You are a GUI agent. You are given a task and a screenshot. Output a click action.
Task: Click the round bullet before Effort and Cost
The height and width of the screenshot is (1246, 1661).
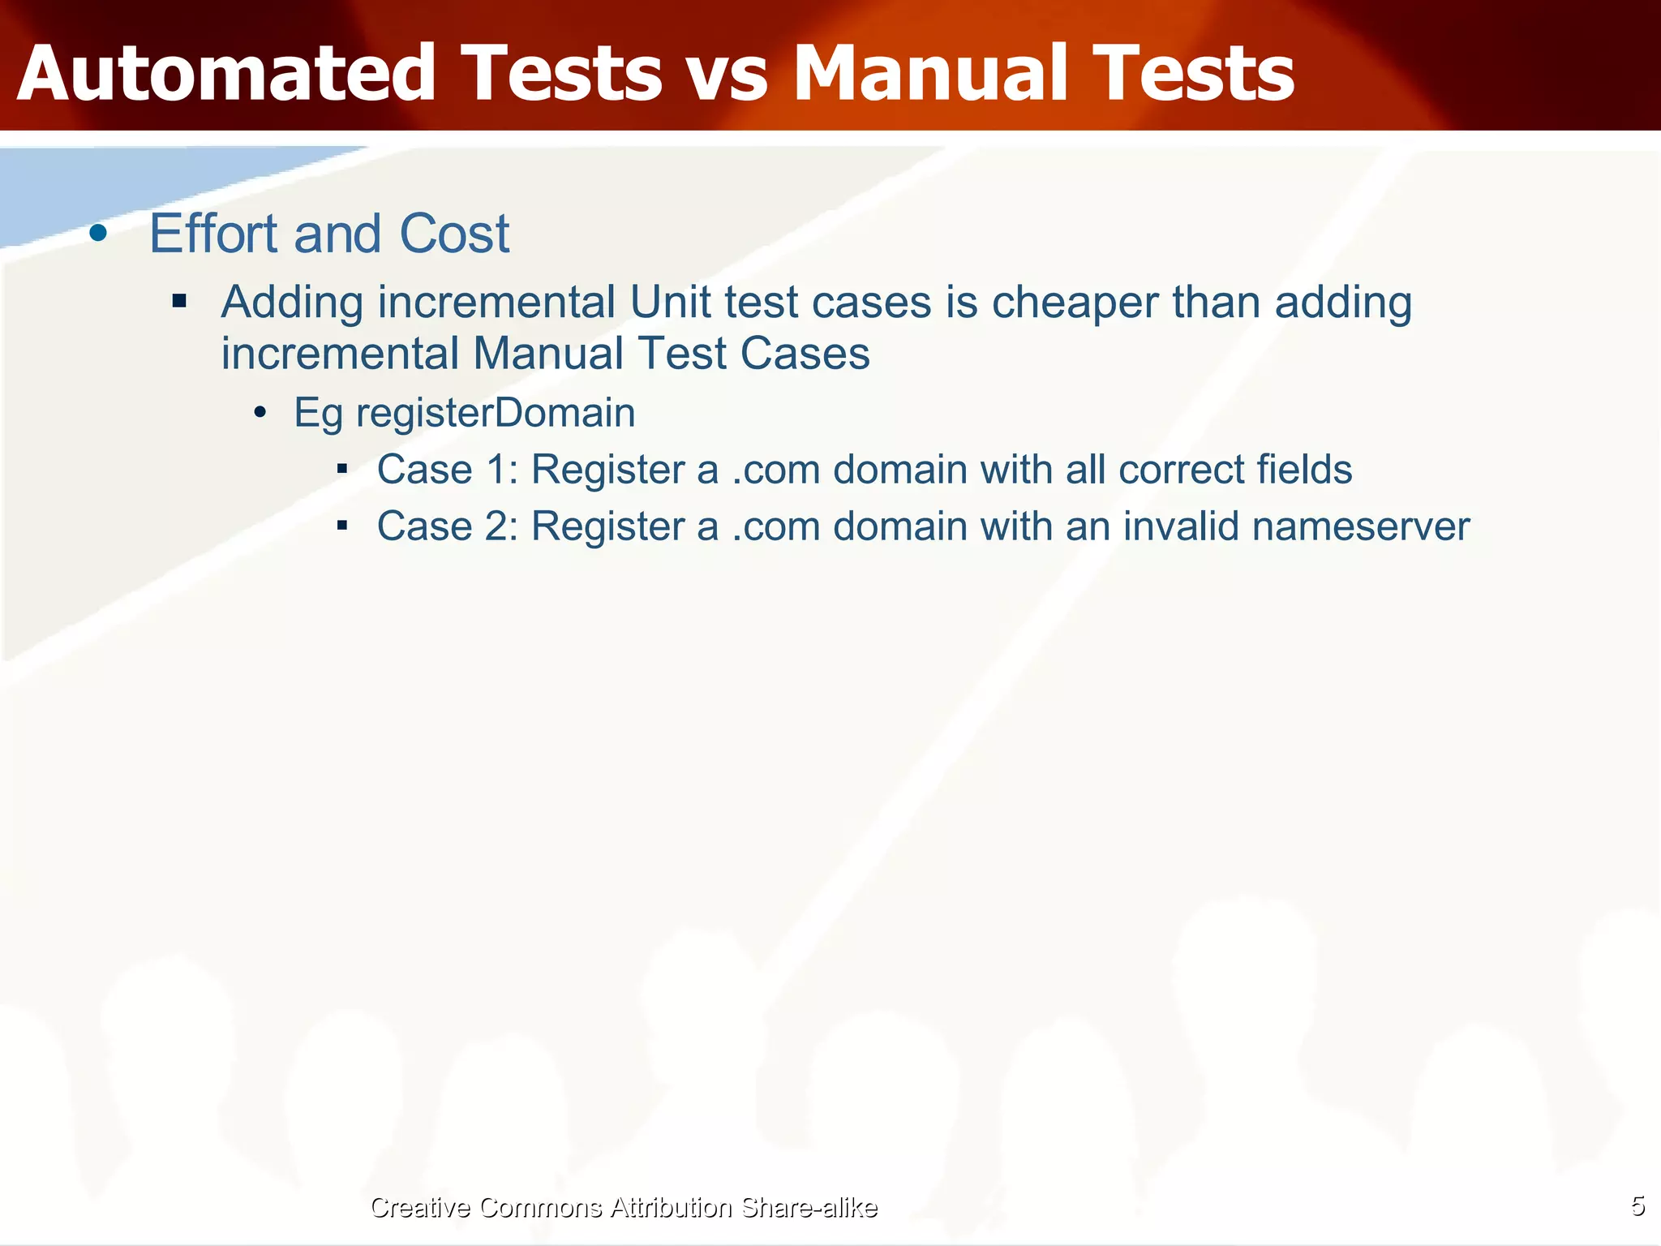(98, 234)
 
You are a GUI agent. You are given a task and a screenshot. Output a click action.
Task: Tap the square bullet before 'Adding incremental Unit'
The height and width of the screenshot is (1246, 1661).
(179, 303)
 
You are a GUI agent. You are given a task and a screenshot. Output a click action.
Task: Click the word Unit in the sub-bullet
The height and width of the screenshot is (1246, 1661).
(670, 303)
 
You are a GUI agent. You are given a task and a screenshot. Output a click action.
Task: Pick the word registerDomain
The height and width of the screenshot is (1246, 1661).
(496, 413)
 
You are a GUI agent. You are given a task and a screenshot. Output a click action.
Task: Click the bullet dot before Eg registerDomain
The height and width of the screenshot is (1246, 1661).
(260, 413)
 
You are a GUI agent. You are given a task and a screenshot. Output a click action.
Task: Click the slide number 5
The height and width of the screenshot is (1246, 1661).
(1637, 1206)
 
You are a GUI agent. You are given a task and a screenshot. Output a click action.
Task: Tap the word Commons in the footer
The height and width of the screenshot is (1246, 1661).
(540, 1208)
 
